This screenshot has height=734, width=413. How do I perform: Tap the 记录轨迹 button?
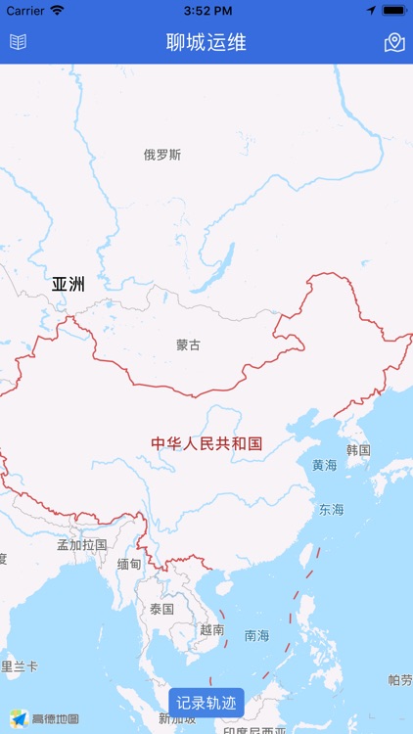206,703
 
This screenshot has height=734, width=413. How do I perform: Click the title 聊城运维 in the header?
206,42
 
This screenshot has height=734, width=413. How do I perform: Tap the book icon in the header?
18,42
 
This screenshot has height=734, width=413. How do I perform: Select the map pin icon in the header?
394,42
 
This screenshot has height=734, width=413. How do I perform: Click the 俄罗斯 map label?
162,155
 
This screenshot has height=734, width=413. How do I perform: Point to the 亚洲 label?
69,285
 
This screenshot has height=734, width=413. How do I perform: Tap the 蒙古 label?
188,344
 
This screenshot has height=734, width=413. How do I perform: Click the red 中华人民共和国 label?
206,443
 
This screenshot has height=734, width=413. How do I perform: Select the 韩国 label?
358,450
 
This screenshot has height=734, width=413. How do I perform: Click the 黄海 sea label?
325,466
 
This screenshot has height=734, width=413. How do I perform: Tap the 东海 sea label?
331,510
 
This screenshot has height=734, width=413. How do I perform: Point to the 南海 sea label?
256,635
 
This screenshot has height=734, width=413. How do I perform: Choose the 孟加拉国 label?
82,544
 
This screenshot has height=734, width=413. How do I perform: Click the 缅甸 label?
129,564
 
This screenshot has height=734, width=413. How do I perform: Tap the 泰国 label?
161,609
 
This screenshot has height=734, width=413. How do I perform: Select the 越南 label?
211,630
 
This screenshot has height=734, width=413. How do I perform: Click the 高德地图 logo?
45,718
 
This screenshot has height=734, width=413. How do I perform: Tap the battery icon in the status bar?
393,11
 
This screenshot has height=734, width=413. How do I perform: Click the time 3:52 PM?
206,11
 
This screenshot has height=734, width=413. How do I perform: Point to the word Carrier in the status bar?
25,11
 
